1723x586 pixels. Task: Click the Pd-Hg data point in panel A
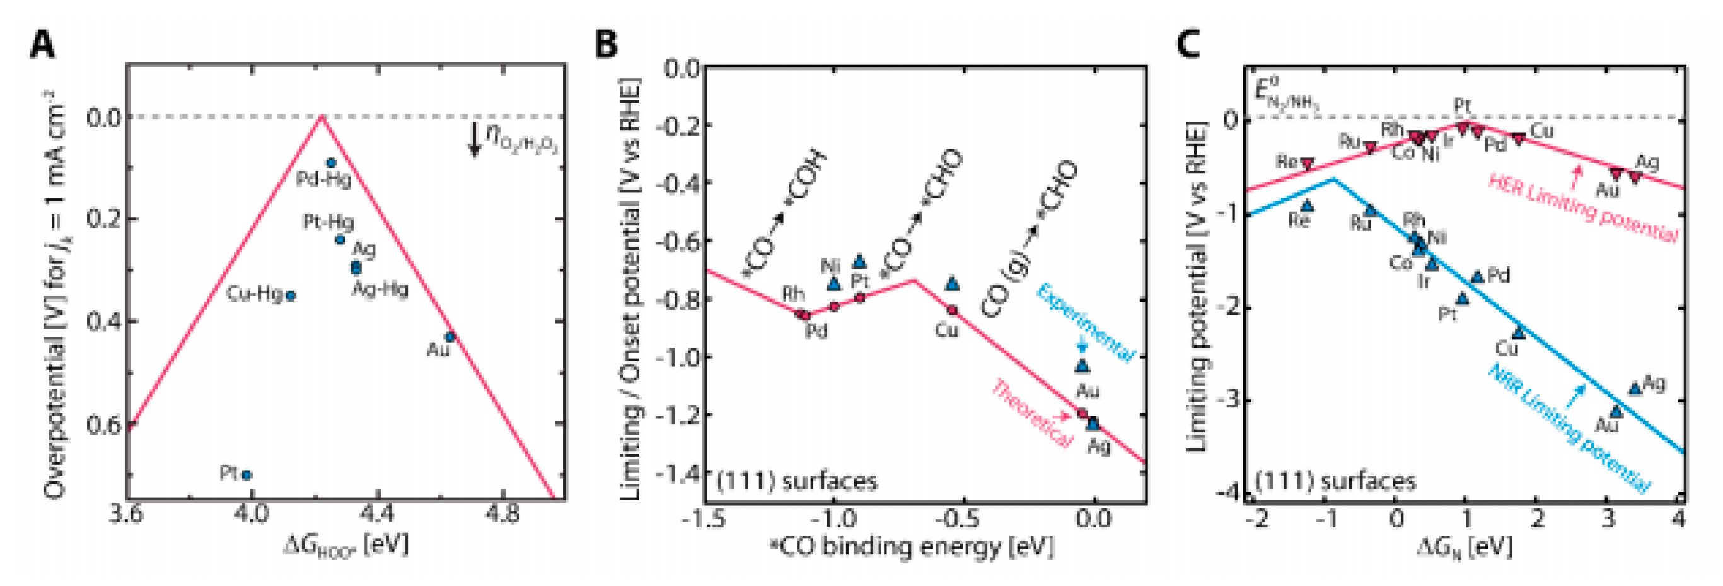pyautogui.click(x=331, y=163)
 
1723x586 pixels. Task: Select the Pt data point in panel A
pyautogui.click(x=246, y=475)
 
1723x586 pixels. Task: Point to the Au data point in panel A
pyautogui.click(x=450, y=336)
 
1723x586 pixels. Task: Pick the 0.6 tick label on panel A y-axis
pyautogui.click(x=105, y=424)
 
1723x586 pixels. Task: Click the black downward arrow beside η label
pyautogui.click(x=474, y=139)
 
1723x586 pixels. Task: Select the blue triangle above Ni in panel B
pyautogui.click(x=833, y=284)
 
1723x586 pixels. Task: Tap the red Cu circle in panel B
pyautogui.click(x=952, y=310)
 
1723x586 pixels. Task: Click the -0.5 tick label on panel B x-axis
pyautogui.click(x=961, y=519)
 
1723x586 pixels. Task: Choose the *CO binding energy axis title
pyautogui.click(x=912, y=547)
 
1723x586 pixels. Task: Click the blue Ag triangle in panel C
pyautogui.click(x=1635, y=389)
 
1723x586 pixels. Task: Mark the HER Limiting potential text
pyautogui.click(x=1582, y=208)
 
